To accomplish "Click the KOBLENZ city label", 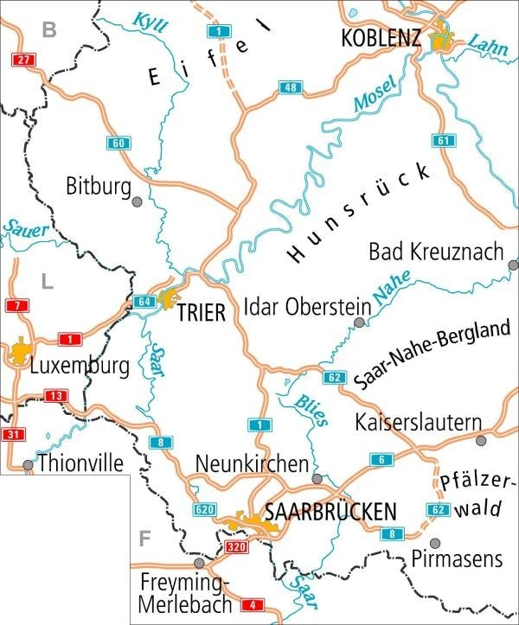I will (x=381, y=39).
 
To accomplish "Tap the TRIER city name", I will (x=201, y=314).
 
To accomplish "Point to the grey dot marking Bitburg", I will (x=137, y=202).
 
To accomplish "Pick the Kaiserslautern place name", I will (x=418, y=423).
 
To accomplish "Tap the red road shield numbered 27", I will (x=23, y=60).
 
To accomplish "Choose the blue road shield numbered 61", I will (x=445, y=141).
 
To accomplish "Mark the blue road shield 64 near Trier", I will (x=144, y=302).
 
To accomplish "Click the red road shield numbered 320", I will (x=236, y=548).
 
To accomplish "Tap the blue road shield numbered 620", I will (x=205, y=509).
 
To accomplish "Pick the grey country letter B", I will (x=49, y=32).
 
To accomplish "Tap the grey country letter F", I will (x=144, y=539).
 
